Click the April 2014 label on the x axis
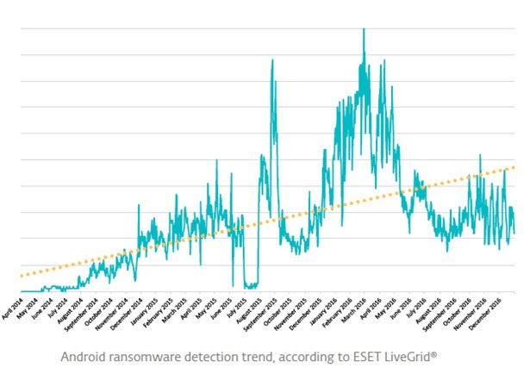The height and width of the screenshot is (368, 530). click(x=12, y=308)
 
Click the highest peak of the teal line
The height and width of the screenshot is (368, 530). click(x=364, y=29)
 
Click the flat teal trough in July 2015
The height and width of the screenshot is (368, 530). click(x=251, y=285)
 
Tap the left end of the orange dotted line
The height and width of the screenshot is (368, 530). click(x=21, y=276)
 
